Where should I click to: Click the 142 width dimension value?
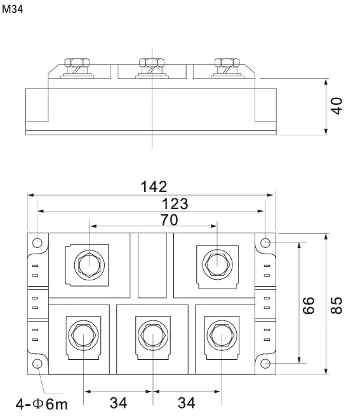[x=154, y=187]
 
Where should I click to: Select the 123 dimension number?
[x=175, y=203]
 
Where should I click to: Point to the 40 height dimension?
[x=337, y=106]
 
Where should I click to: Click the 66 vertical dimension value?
[x=309, y=304]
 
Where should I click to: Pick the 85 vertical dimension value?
[x=337, y=304]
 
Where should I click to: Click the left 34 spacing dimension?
[x=118, y=402]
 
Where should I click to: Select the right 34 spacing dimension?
[x=186, y=402]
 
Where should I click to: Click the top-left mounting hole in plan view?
[x=37, y=243]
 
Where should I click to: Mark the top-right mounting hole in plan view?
[x=266, y=243]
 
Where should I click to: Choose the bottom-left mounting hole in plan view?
[x=37, y=364]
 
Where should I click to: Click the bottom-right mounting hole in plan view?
[x=266, y=364]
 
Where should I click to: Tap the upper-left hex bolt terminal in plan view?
[x=89, y=262]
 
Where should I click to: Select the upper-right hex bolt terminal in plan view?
[x=217, y=262]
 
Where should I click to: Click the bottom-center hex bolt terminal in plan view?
[x=152, y=334]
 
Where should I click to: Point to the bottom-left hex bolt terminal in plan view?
[x=83, y=334]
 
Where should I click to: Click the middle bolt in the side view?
[x=151, y=64]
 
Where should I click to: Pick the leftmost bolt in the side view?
[x=76, y=64]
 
